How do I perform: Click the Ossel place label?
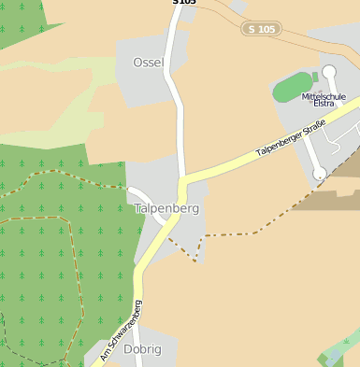point(148,63)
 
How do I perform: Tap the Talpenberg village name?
point(166,208)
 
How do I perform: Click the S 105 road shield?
point(261,29)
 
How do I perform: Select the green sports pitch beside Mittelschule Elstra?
point(293,88)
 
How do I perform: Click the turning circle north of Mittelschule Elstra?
point(329,71)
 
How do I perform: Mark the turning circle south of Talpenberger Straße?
point(320,173)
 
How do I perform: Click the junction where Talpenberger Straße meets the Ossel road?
point(183,177)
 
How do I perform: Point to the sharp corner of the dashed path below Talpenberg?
point(194,261)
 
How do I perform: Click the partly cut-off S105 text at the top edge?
point(184,3)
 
